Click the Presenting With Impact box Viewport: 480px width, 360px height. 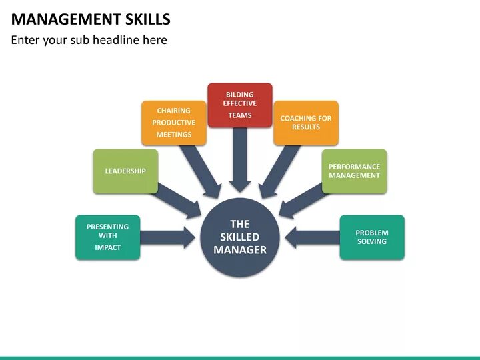107,237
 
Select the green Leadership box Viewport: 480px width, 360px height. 125,171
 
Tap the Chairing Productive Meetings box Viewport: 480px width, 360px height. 173,123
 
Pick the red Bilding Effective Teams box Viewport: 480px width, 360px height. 240,105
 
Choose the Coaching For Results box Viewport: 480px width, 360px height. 306,123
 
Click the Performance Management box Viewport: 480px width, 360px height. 354,171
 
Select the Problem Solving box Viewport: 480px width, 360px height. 372,237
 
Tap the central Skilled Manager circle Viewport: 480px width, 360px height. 240,237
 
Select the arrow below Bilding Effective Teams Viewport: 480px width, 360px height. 240,160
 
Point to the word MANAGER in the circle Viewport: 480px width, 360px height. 240,250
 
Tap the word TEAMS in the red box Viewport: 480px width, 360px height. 240,115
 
